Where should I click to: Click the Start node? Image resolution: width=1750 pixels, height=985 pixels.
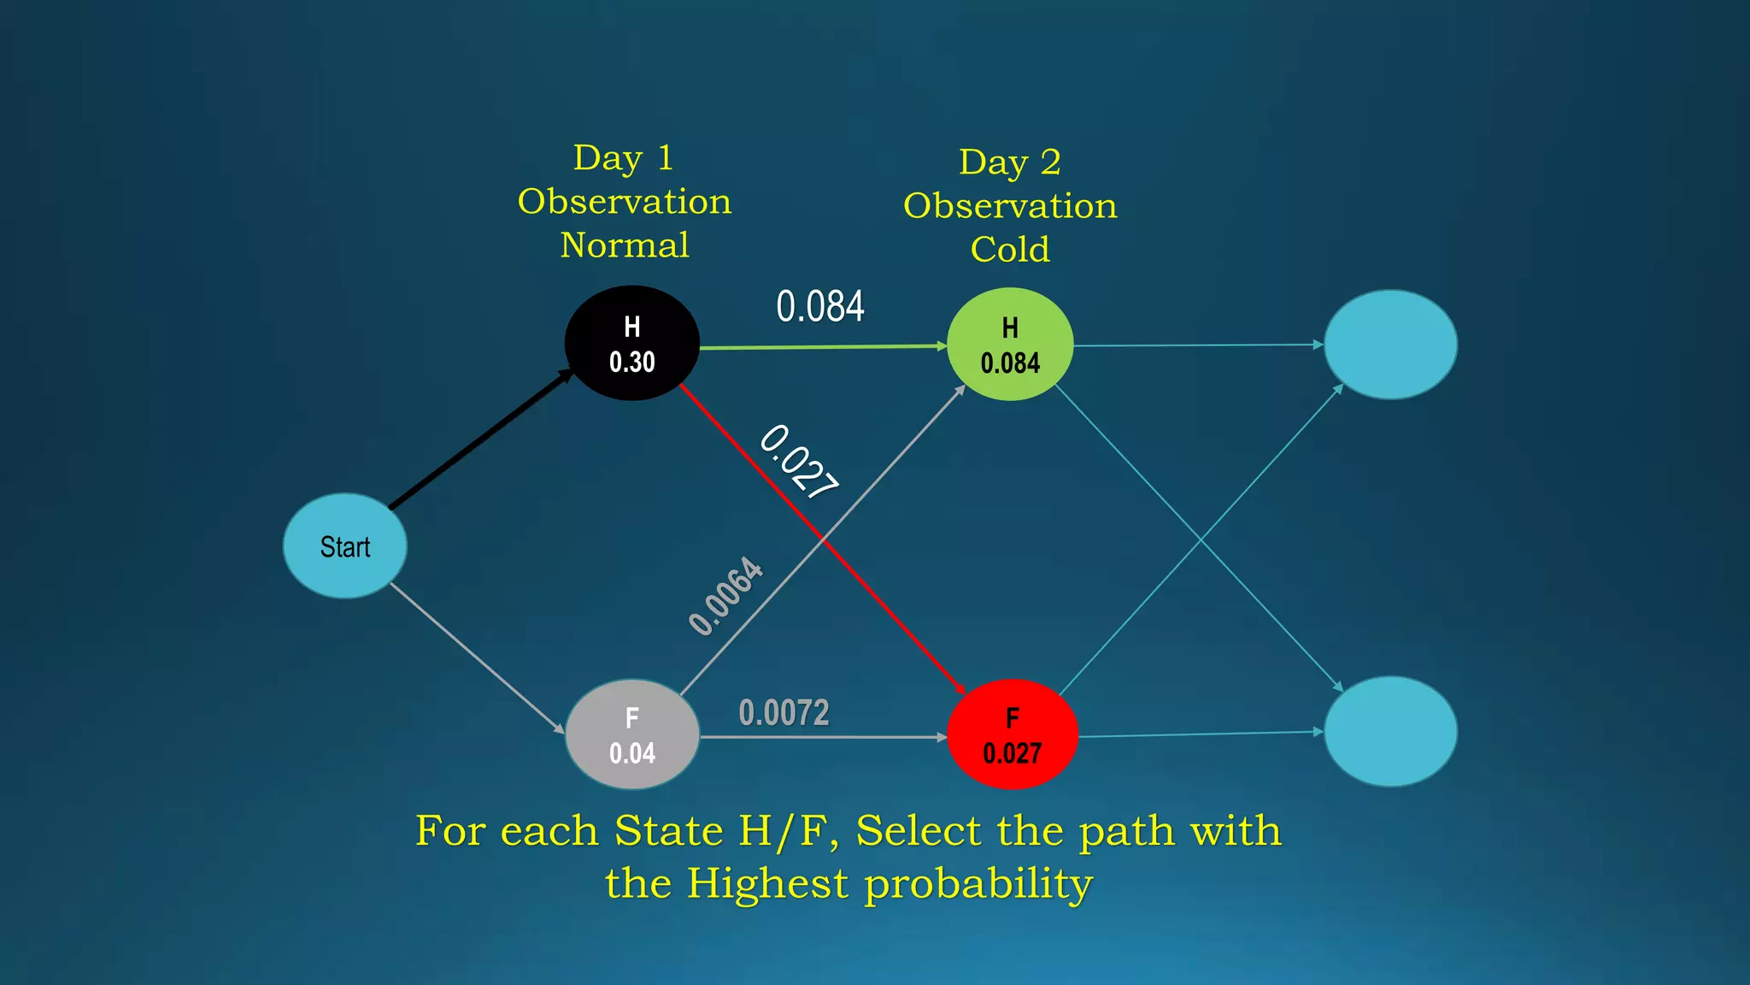pyautogui.click(x=344, y=546)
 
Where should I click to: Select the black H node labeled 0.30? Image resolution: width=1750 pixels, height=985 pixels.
pyautogui.click(x=631, y=343)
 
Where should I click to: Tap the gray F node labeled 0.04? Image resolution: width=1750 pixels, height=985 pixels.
pyautogui.click(x=631, y=734)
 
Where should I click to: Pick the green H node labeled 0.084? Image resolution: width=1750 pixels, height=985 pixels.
pyautogui.click(x=1009, y=344)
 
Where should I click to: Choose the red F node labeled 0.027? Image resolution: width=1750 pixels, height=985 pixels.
pyautogui.click(x=1012, y=734)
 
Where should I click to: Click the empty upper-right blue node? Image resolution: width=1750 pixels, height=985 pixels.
pyautogui.click(x=1390, y=344)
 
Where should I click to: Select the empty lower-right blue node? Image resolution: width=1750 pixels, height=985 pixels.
pyautogui.click(x=1390, y=731)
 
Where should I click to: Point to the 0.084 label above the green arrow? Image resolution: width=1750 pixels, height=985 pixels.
pyautogui.click(x=819, y=306)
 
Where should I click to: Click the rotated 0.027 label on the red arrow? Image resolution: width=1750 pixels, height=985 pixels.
pyautogui.click(x=798, y=462)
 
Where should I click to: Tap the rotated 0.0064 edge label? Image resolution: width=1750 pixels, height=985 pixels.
pyautogui.click(x=725, y=596)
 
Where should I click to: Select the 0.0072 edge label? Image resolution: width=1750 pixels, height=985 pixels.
pyautogui.click(x=784, y=712)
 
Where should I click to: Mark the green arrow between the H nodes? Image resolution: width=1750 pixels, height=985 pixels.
pyautogui.click(x=820, y=347)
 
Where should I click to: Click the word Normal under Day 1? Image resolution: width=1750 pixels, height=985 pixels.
pyautogui.click(x=625, y=245)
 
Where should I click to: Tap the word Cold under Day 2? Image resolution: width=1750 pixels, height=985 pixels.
pyautogui.click(x=1009, y=250)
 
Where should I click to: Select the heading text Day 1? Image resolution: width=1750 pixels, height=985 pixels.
pyautogui.click(x=623, y=158)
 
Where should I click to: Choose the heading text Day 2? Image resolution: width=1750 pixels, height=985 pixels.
pyautogui.click(x=1009, y=162)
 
